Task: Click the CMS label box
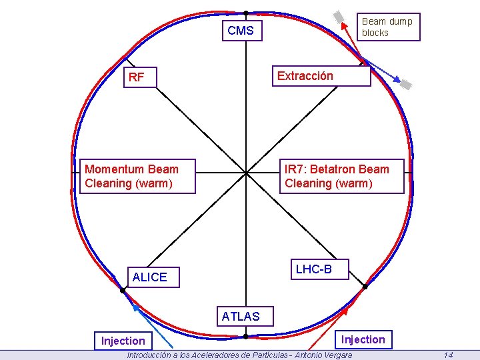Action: (241, 31)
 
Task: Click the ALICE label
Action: (150, 277)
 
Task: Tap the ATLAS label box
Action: (241, 317)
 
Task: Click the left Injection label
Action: (123, 341)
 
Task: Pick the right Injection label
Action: (363, 339)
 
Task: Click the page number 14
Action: (448, 355)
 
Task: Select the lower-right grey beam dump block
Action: (405, 83)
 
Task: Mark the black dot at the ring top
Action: (245, 13)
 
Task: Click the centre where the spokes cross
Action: (245, 172)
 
